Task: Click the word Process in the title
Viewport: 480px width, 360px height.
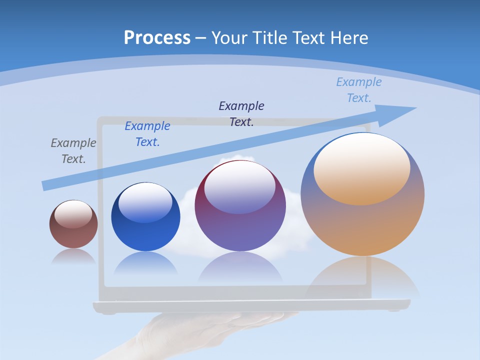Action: (157, 38)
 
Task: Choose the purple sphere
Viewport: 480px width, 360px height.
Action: (240, 220)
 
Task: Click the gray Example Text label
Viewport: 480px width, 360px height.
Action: (73, 151)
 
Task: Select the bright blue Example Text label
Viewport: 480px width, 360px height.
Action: (147, 134)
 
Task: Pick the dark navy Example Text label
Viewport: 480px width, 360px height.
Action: (241, 113)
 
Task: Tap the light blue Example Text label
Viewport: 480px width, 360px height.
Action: (359, 90)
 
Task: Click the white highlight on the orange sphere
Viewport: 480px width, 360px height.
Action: (362, 165)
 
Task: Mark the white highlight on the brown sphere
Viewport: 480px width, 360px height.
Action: (73, 213)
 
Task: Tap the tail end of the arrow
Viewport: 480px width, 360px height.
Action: (45, 185)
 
